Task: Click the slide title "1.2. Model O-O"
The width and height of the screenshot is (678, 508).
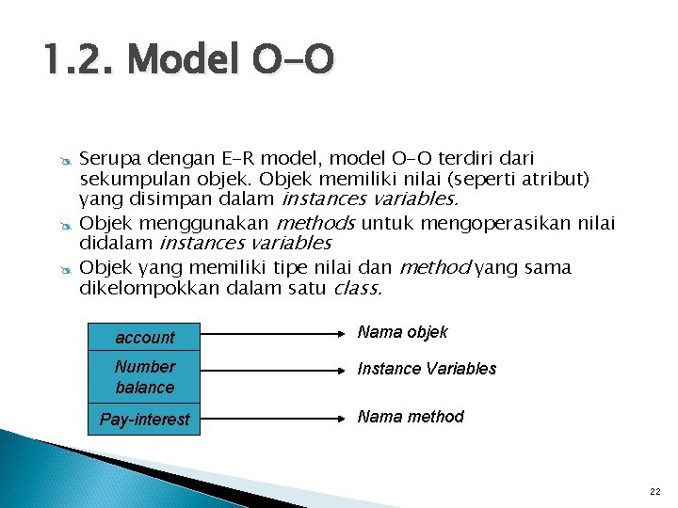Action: (x=188, y=63)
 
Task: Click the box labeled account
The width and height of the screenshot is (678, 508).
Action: (x=145, y=337)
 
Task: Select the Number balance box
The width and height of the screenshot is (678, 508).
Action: (x=145, y=377)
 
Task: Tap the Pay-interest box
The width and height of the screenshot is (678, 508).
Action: (x=145, y=420)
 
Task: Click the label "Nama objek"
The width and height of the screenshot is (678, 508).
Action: (x=402, y=332)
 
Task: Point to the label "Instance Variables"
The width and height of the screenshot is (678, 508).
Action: (x=427, y=369)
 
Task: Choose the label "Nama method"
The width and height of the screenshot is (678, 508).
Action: (x=411, y=416)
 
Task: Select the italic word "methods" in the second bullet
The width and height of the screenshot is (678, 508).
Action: (x=315, y=223)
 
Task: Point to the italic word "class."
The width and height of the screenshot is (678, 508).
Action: (x=359, y=289)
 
